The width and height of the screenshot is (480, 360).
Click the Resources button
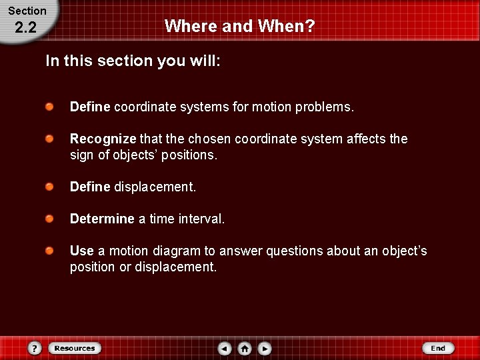(75, 348)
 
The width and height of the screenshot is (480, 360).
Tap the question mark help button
(35, 348)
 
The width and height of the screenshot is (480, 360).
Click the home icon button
(245, 348)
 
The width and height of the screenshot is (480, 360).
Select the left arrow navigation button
(225, 348)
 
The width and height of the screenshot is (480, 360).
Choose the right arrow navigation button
(265, 348)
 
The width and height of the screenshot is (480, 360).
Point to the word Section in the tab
(27, 11)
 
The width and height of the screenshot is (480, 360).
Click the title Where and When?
(239, 26)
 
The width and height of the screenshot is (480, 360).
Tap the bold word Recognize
(103, 139)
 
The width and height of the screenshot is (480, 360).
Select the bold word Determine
(102, 219)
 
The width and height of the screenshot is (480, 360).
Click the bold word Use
(82, 251)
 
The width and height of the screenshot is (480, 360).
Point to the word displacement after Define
(155, 187)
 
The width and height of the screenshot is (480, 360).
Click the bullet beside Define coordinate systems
(50, 107)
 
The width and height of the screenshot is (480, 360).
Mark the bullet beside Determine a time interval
(50, 219)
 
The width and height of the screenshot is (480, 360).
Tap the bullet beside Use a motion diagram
(50, 251)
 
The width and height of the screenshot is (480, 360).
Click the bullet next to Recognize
(50, 139)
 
